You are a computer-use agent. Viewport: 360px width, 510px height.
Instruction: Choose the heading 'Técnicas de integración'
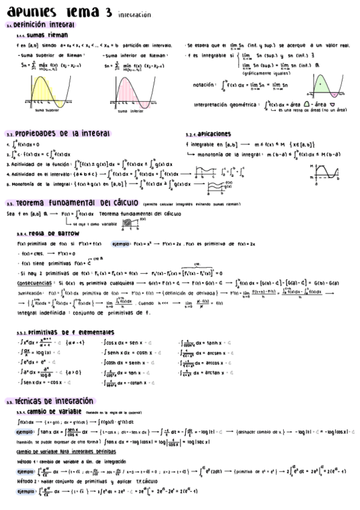pos(55,401)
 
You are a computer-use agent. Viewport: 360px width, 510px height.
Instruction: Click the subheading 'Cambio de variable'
pos(55,412)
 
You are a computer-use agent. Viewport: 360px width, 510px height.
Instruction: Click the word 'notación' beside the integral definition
pos(205,85)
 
